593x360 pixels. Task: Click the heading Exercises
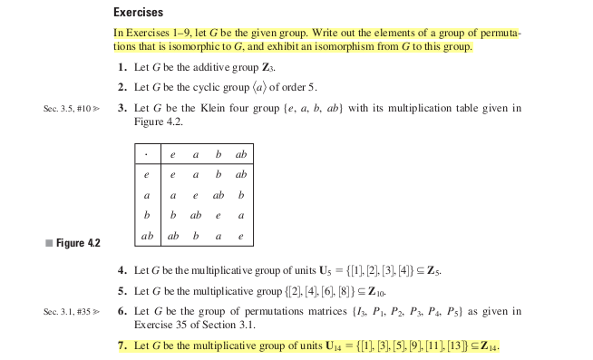pos(138,13)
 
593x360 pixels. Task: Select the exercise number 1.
pos(122,69)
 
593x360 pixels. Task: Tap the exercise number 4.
pos(122,271)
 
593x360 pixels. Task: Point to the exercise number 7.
pos(122,346)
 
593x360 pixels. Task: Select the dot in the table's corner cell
pos(145,155)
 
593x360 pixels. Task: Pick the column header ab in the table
pos(240,155)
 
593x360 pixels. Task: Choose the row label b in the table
pos(145,215)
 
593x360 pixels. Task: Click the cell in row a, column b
pos(218,195)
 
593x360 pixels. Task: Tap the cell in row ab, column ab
pos(240,236)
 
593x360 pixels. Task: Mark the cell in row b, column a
pos(195,215)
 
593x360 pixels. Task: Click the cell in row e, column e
pos(172,174)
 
